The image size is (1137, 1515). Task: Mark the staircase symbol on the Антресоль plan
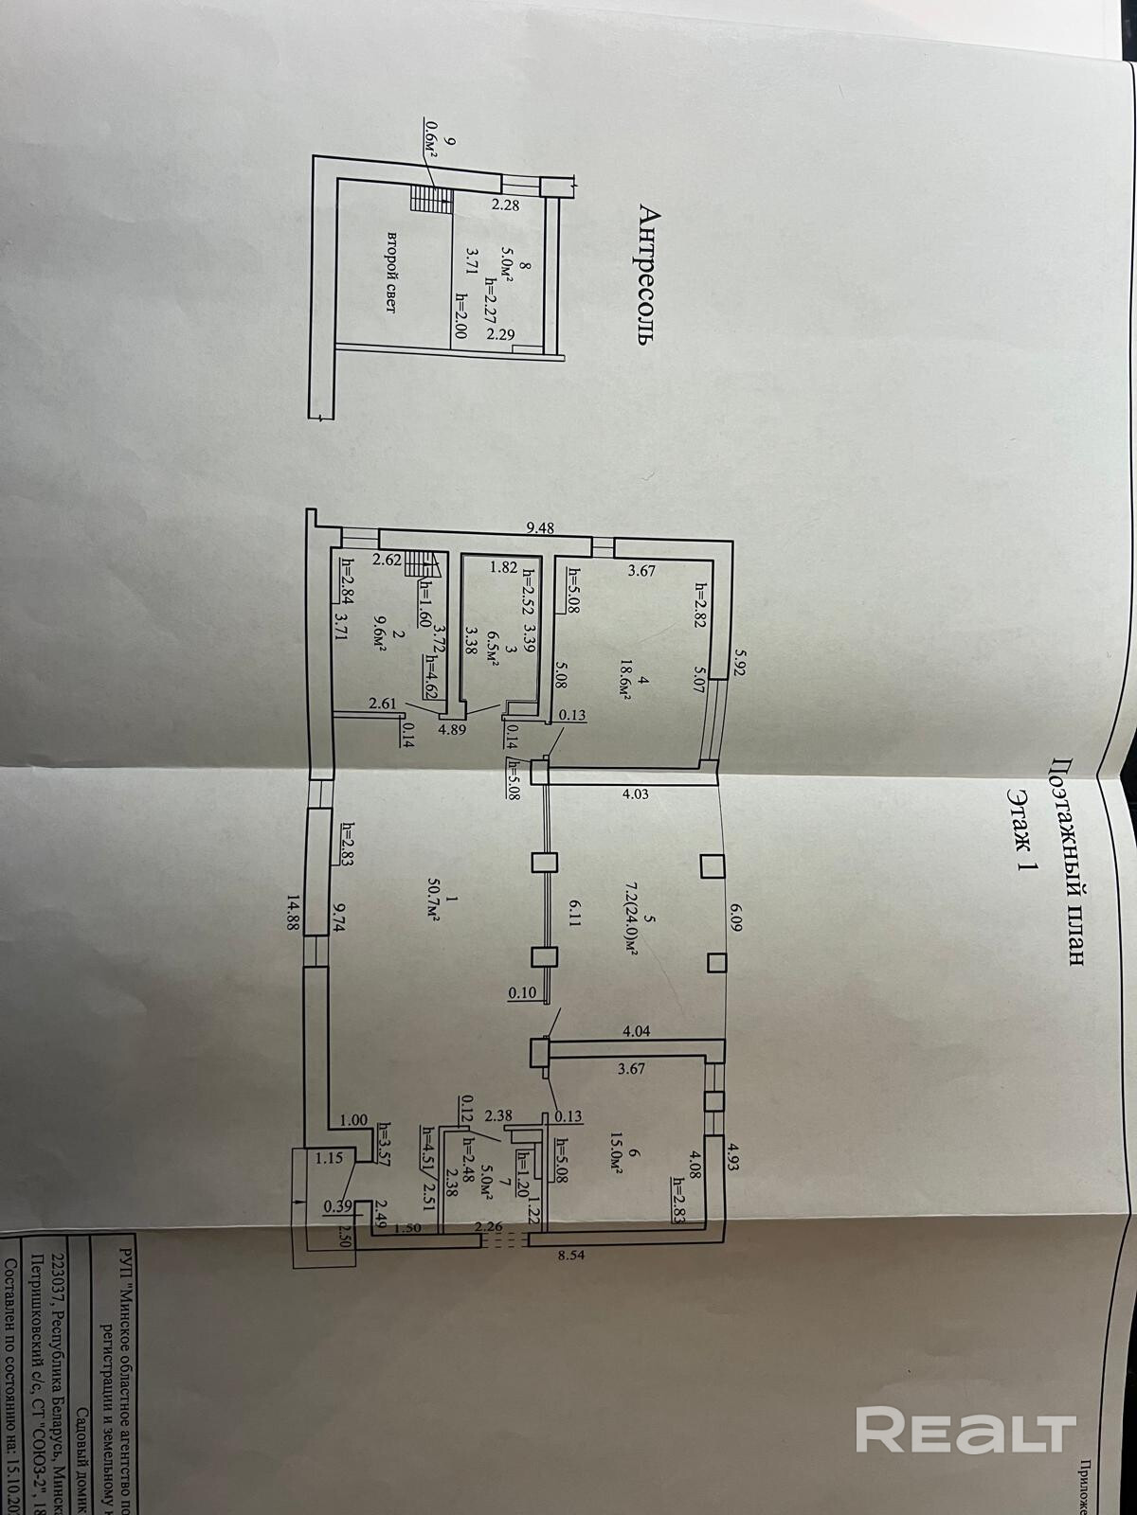[428, 199]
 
